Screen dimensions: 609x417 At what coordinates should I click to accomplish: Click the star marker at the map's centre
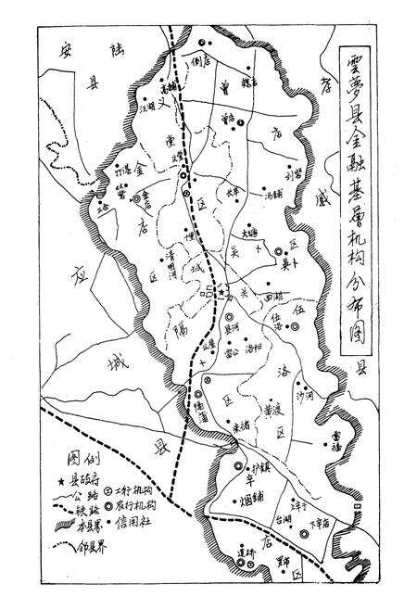[x=222, y=294]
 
